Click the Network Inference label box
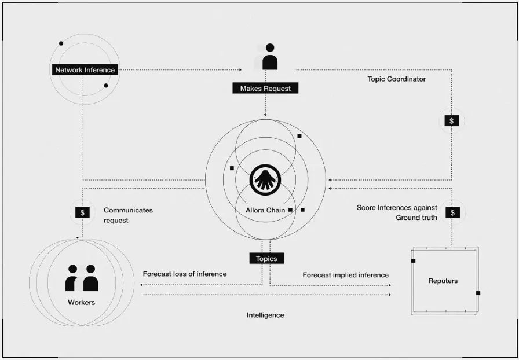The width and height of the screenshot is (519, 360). pyautogui.click(x=85, y=70)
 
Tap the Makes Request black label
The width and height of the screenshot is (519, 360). pyautogui.click(x=265, y=89)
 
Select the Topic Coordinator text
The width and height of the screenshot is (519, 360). pyautogui.click(x=396, y=79)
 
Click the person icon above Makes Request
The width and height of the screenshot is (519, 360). pyautogui.click(x=269, y=57)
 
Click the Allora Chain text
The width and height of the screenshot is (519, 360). pyautogui.click(x=266, y=210)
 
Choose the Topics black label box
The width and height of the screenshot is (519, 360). pyautogui.click(x=266, y=259)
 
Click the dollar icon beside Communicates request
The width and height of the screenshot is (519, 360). pyautogui.click(x=82, y=212)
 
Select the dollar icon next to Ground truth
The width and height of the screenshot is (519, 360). pyautogui.click(x=452, y=212)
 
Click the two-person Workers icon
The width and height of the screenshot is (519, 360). pyautogui.click(x=82, y=278)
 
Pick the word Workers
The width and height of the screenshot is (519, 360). pyautogui.click(x=81, y=302)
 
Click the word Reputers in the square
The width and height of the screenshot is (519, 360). pyautogui.click(x=443, y=281)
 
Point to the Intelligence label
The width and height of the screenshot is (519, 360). pyautogui.click(x=265, y=315)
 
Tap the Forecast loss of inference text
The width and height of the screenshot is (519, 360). pyautogui.click(x=185, y=274)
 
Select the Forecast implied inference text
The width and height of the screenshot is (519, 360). pyautogui.click(x=345, y=275)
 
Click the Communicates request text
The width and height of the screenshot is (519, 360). pyautogui.click(x=128, y=215)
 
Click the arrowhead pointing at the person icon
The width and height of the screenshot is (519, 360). pyautogui.click(x=240, y=70)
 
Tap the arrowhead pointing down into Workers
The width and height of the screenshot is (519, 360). pyautogui.click(x=78, y=238)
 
